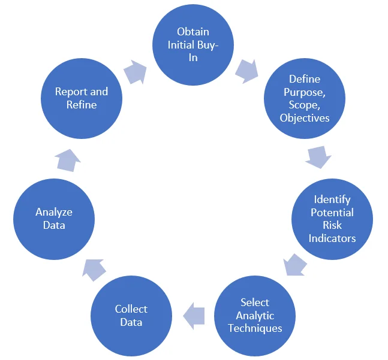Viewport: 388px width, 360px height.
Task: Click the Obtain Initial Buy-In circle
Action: [193, 46]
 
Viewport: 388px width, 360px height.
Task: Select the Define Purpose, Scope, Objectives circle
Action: [305, 98]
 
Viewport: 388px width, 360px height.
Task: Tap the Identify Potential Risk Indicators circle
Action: [332, 219]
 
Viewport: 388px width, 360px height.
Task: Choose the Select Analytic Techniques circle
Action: [255, 315]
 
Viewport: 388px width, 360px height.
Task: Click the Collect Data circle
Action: [131, 316]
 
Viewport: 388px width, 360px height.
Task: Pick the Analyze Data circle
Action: [54, 219]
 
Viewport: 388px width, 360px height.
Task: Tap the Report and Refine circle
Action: [82, 98]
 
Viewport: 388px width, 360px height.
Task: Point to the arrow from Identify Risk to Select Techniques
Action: [295, 264]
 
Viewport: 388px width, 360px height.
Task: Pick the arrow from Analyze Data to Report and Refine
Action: [67, 160]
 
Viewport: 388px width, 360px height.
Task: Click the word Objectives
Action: [305, 118]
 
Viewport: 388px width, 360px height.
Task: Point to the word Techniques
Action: [255, 328]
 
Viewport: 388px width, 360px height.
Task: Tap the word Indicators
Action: [332, 238]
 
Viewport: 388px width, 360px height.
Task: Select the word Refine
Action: [82, 105]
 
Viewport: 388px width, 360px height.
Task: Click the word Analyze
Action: [54, 212]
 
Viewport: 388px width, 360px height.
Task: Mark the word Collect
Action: [131, 309]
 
